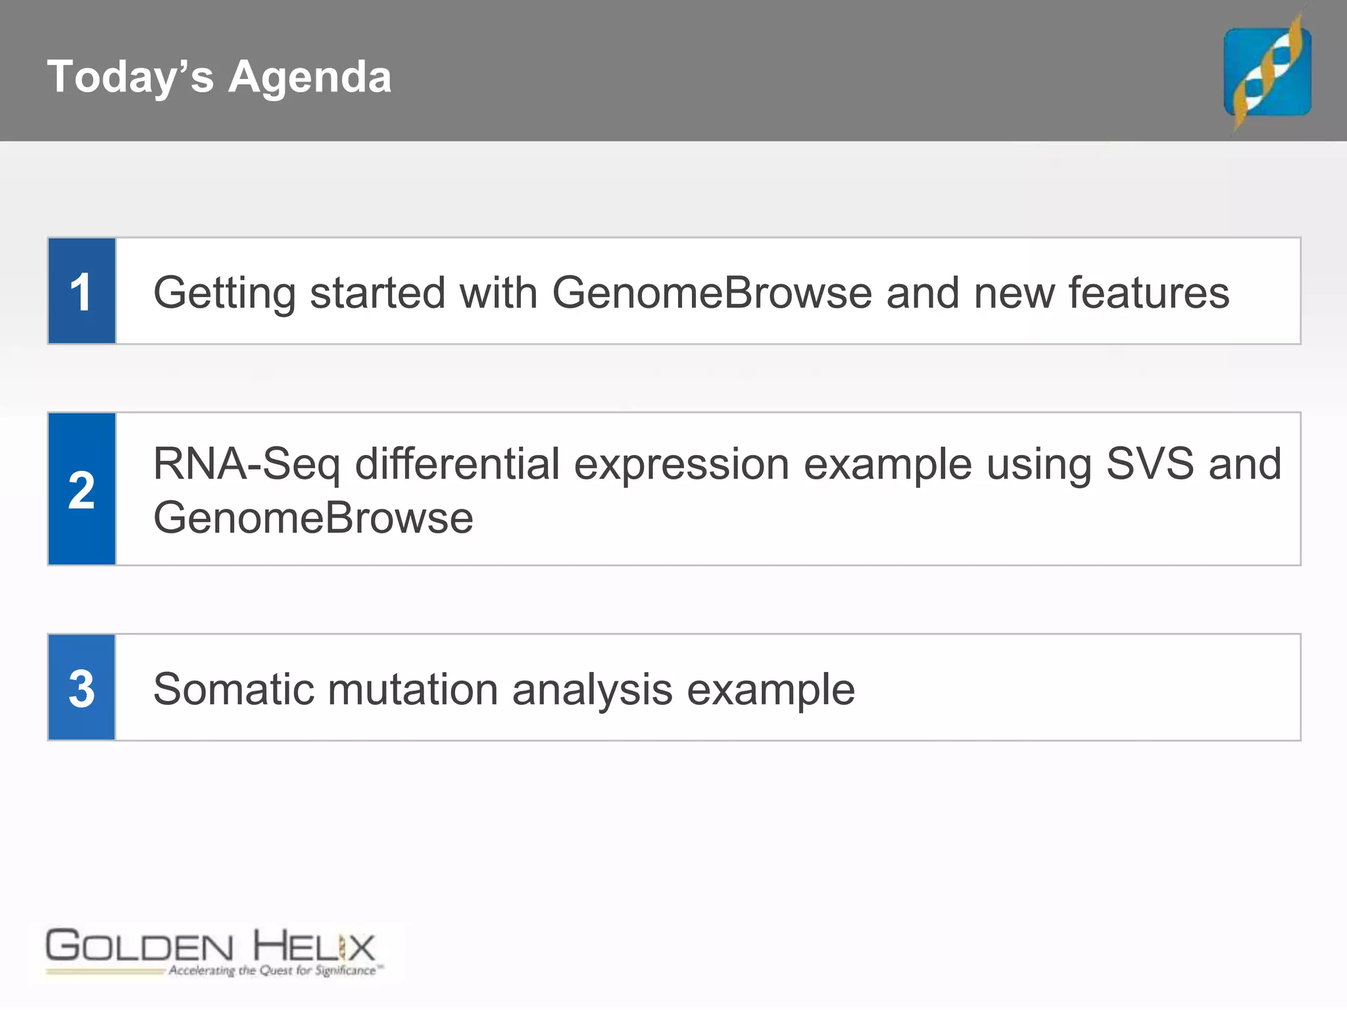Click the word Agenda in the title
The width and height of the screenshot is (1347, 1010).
pyautogui.click(x=310, y=78)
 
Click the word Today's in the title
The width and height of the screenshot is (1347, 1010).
pyautogui.click(x=130, y=76)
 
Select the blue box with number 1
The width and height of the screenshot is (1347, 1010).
pyautogui.click(x=82, y=291)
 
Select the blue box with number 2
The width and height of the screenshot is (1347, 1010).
pyautogui.click(x=82, y=489)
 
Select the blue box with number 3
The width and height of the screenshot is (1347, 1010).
pyautogui.click(x=82, y=688)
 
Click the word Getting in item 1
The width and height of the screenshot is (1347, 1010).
pyautogui.click(x=224, y=293)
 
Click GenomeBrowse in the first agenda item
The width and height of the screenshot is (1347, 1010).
pyautogui.click(x=712, y=292)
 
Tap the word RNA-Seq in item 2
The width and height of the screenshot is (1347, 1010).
pyautogui.click(x=247, y=464)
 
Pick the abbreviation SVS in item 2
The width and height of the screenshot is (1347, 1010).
pyautogui.click(x=1150, y=464)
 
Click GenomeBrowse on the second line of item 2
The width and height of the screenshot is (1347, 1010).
pyautogui.click(x=313, y=518)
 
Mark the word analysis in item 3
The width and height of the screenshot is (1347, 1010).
pyautogui.click(x=592, y=690)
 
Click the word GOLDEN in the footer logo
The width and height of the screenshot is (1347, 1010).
pyautogui.click(x=139, y=947)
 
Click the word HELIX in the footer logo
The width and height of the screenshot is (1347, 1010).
pyautogui.click(x=314, y=947)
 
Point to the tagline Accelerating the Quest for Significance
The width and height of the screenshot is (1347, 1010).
pyautogui.click(x=274, y=971)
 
